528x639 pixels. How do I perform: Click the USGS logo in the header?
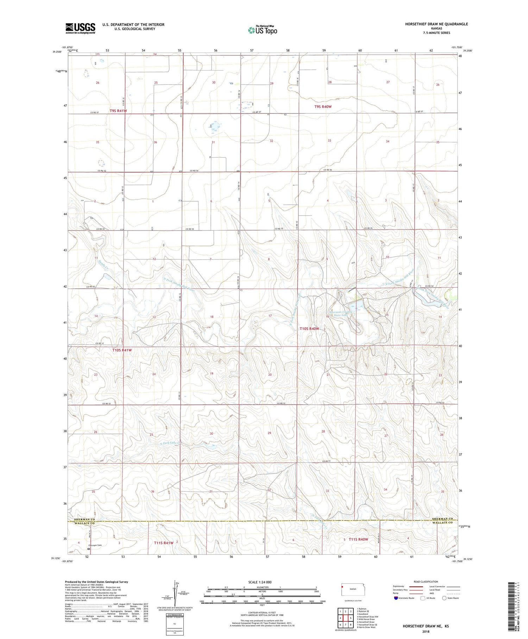[80, 28]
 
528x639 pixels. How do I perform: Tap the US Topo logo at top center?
[263, 30]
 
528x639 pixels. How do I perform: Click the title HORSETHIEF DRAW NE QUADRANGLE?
[436, 24]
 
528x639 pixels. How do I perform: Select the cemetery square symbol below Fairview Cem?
[89, 549]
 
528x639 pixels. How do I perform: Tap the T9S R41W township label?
[118, 111]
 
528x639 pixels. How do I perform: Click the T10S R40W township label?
[309, 328]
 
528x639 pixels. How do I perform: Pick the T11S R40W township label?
[358, 539]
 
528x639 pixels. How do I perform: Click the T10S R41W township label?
[122, 350]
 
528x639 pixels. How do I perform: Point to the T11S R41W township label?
[164, 543]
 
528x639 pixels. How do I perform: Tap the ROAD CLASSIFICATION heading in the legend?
[426, 582]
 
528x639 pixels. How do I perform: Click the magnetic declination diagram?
[176, 592]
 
